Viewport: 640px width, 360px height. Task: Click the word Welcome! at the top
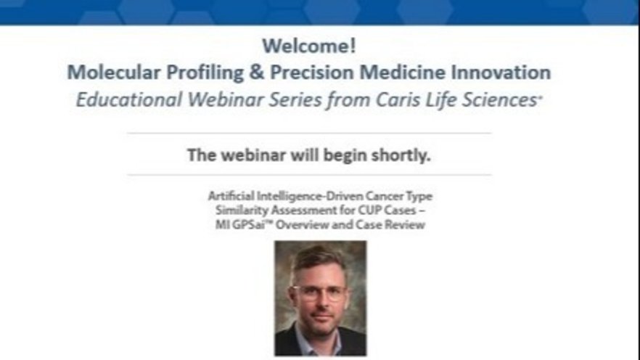(x=309, y=46)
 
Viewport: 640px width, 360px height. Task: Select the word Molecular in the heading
(x=114, y=73)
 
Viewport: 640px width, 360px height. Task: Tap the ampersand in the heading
(x=256, y=73)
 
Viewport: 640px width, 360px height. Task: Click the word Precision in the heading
(x=312, y=73)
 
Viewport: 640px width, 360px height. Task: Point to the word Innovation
(x=501, y=73)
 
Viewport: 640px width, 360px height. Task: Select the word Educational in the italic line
(x=129, y=100)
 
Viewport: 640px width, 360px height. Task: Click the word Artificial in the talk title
(x=231, y=196)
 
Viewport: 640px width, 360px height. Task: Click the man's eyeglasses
(x=319, y=292)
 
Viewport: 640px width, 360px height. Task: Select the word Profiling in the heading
(x=205, y=73)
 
